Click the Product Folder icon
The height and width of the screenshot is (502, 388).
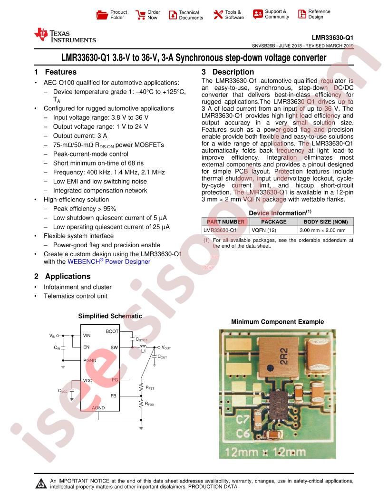click(102, 15)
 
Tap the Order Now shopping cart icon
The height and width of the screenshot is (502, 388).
click(140, 15)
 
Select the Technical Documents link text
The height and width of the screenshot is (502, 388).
click(191, 15)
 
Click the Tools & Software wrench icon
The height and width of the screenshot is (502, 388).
click(218, 14)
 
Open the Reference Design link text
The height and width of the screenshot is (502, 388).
click(319, 14)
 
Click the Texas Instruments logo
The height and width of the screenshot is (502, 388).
click(65, 36)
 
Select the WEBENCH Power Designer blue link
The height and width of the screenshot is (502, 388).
click(109, 261)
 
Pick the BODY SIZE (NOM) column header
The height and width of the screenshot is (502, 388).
click(326, 222)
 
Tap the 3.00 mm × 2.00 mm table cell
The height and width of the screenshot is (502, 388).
click(323, 230)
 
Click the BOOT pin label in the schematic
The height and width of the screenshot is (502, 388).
click(112, 331)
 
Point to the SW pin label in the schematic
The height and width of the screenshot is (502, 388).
click(114, 348)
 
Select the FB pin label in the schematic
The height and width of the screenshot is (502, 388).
click(114, 396)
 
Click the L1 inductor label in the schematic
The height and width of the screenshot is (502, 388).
click(144, 351)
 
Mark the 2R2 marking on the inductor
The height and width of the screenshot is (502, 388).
click(284, 357)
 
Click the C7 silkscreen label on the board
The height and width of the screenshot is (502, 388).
click(242, 419)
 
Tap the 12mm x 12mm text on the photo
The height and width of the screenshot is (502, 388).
click(265, 452)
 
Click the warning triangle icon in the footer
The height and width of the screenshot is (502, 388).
click(41, 483)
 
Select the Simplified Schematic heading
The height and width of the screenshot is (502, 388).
click(110, 316)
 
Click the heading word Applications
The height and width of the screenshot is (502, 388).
click(68, 276)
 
